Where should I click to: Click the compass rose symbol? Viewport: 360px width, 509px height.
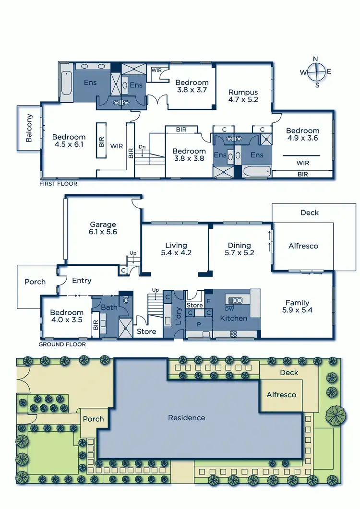coord(315,72)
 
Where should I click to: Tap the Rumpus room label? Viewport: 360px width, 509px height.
coord(243,96)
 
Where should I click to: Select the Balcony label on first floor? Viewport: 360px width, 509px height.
coord(29,128)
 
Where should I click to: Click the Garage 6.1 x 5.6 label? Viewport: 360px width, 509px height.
coord(103,228)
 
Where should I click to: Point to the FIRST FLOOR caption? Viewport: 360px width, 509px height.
coord(59,184)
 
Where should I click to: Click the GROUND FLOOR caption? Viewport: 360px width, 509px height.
coord(62,344)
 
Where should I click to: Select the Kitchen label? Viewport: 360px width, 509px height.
coord(233,318)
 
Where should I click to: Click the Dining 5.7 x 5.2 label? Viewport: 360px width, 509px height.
coord(239,249)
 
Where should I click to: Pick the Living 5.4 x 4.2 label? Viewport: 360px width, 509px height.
coord(176,249)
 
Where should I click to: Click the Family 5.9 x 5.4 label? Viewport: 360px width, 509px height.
coord(297,307)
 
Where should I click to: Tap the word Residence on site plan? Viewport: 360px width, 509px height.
coord(186,418)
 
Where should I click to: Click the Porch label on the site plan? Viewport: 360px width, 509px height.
coord(93,419)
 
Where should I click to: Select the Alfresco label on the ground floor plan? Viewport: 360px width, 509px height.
coord(303,246)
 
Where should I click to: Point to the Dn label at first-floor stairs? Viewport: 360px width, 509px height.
coord(142,147)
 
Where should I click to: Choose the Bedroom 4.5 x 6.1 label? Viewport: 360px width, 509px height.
coord(69,140)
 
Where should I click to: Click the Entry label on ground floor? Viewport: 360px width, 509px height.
coord(82,281)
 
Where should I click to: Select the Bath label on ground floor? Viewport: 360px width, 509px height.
coord(109,307)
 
